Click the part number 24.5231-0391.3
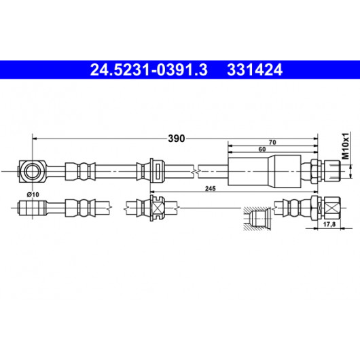pyautogui.click(x=149, y=70)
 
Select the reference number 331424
pyautogui.click(x=255, y=70)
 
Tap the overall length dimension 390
pyautogui.click(x=177, y=139)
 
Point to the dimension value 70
pyautogui.click(x=272, y=143)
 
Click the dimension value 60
pyautogui.click(x=262, y=149)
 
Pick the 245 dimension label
pyautogui.click(x=211, y=189)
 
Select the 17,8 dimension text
pyautogui.click(x=329, y=224)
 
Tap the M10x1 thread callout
pyautogui.click(x=345, y=146)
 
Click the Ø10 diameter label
pyautogui.click(x=33, y=194)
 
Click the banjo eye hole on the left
pyautogui.click(x=33, y=171)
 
